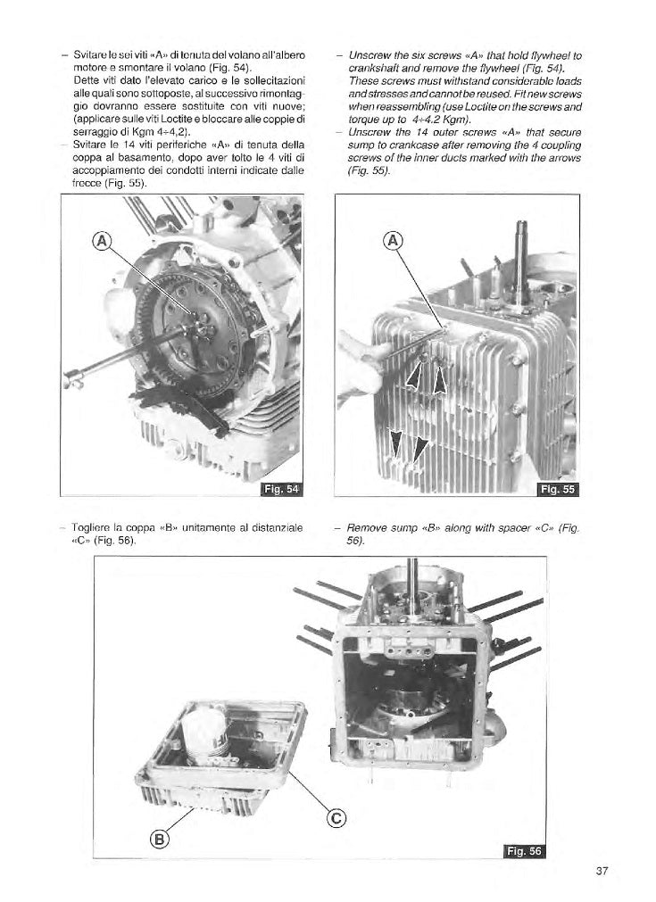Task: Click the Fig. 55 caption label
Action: pos(559,488)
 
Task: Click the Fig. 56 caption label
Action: pos(523,851)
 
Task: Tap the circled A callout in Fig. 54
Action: pos(103,240)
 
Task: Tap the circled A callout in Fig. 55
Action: pos(392,240)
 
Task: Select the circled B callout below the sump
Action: pos(160,838)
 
